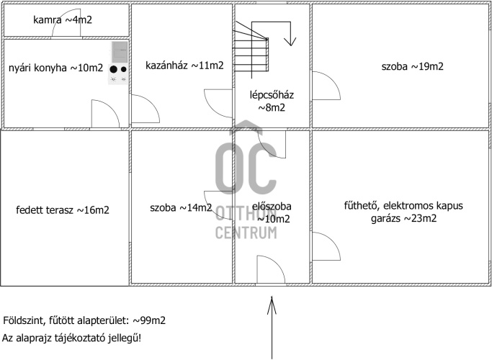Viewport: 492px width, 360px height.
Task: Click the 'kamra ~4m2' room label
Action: pyautogui.click(x=63, y=19)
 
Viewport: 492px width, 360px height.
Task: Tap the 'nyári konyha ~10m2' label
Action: pyautogui.click(x=56, y=68)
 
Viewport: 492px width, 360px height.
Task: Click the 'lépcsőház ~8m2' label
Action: pyautogui.click(x=271, y=102)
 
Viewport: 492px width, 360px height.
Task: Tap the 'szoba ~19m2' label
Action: pyautogui.click(x=412, y=67)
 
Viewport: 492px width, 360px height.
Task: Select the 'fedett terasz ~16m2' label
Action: pyautogui.click(x=63, y=210)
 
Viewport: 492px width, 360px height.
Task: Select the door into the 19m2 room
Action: pyautogui.click(x=325, y=86)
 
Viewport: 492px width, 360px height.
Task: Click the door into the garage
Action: pyautogui.click(x=326, y=248)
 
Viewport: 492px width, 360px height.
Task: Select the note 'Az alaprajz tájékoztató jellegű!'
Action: pyautogui.click(x=72, y=338)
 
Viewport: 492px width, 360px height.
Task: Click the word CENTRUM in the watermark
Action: pyautogui.click(x=246, y=232)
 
